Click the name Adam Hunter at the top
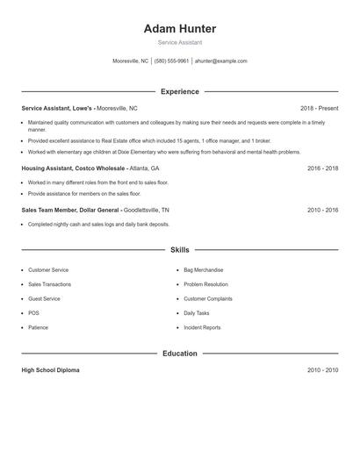click(179, 29)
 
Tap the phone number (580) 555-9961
click(172, 61)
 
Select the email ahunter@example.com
click(220, 61)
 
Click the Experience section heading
click(179, 91)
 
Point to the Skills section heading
click(179, 250)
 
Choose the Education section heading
click(179, 354)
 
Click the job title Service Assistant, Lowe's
click(57, 108)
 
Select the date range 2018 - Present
click(319, 108)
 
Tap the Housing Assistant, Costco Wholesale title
click(74, 168)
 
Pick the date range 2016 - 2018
click(322, 168)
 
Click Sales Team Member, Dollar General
click(70, 211)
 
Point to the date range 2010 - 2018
click(322, 211)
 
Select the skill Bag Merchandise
click(203, 270)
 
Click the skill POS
click(33, 313)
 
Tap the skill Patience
click(38, 327)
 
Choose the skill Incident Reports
click(202, 327)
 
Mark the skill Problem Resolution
click(205, 284)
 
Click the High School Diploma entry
click(50, 370)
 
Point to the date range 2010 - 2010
click(322, 370)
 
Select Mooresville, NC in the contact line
click(131, 61)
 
